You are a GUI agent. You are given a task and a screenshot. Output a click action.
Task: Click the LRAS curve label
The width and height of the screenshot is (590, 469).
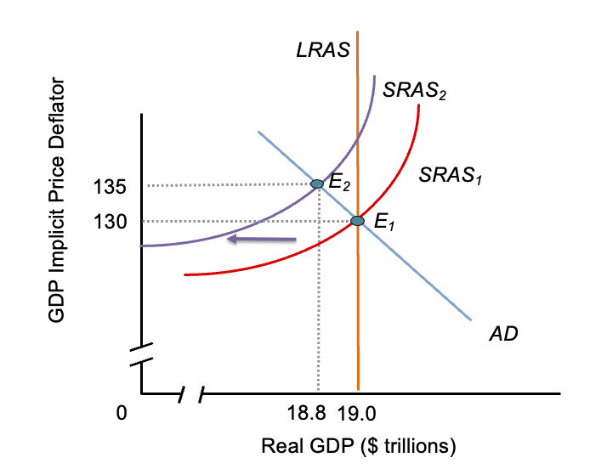pyautogui.click(x=323, y=50)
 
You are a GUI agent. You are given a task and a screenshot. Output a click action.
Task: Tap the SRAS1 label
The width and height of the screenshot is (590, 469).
pyautogui.click(x=451, y=176)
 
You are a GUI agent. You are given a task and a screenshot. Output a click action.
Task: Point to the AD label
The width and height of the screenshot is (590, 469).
pyautogui.click(x=503, y=334)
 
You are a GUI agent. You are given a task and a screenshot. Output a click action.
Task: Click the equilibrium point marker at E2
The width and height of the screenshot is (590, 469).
pyautogui.click(x=317, y=184)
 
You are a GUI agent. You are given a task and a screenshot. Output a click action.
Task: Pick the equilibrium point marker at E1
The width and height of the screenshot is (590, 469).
pyautogui.click(x=357, y=221)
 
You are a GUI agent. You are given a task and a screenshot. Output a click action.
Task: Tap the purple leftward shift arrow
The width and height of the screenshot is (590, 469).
pyautogui.click(x=261, y=240)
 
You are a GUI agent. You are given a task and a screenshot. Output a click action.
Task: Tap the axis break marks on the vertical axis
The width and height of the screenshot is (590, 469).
pyautogui.click(x=142, y=354)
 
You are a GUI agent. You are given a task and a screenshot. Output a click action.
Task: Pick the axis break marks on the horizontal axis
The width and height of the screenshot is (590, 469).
pyautogui.click(x=192, y=394)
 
